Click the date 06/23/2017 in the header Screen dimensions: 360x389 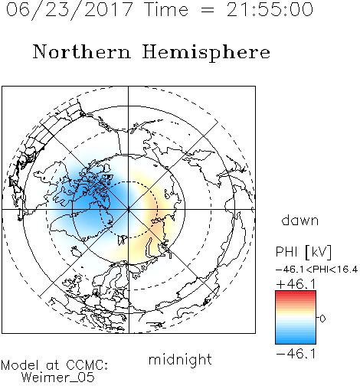coord(70,9)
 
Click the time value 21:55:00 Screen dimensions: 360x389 coord(270,9)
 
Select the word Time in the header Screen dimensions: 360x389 coord(166,9)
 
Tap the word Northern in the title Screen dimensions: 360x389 coord(82,52)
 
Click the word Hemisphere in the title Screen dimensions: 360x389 coord(206,53)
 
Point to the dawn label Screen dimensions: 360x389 coord(300,220)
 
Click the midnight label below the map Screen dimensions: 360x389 coord(180,359)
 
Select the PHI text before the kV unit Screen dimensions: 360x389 coord(286,252)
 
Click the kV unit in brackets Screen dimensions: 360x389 coord(319,252)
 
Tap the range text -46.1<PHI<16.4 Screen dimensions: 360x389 coord(316,270)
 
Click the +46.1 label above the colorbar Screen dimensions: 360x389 coord(296,284)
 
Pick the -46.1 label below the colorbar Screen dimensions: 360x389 coord(296,354)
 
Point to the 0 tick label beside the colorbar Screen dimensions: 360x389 coord(322,319)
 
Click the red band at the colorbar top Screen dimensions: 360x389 coord(296,294)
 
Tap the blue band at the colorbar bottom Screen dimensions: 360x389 coord(296,340)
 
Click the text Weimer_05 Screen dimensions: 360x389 coord(58,378)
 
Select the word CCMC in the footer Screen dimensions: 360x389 coord(87,365)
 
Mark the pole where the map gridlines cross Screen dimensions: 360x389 coord(128,209)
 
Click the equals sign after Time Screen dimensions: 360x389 coord(208,11)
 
